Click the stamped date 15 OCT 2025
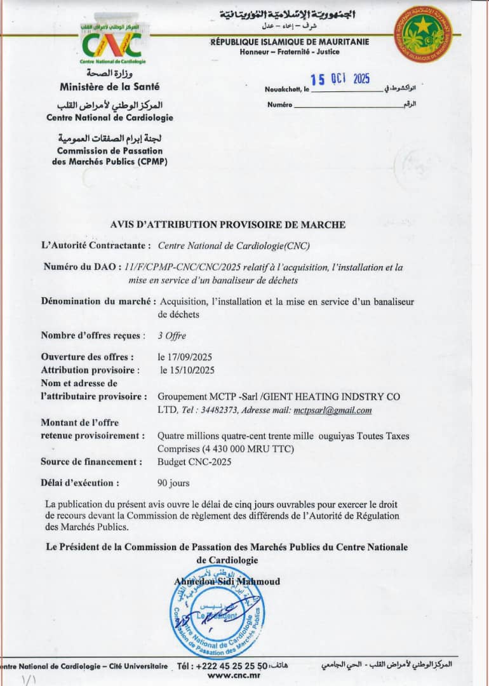(343, 79)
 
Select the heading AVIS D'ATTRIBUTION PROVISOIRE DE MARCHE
(228, 224)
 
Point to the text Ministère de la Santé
(109, 86)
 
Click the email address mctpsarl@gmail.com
(333, 410)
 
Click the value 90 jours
(173, 483)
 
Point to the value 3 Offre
(172, 335)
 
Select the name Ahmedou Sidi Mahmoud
(227, 581)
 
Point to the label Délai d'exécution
(80, 483)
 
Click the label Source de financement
(91, 462)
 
